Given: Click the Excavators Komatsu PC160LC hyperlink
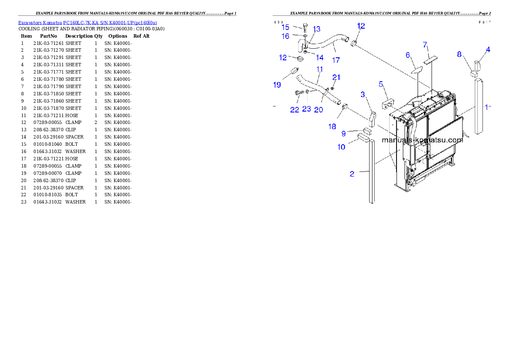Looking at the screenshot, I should (87, 23).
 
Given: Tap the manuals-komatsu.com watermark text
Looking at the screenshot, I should (422, 140).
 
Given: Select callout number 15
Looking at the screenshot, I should (285, 27).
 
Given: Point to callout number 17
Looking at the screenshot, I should (336, 60).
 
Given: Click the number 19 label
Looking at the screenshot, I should (277, 85).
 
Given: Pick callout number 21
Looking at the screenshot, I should (337, 77).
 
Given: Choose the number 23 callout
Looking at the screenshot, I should (306, 109).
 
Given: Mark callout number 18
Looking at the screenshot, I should (332, 126).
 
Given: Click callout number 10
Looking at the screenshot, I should (341, 147).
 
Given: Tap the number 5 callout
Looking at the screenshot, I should (381, 84).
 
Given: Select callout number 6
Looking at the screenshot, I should (408, 55).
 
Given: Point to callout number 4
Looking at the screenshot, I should (488, 49).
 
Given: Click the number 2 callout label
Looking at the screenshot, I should (352, 174).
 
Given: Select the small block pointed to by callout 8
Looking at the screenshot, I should (474, 74).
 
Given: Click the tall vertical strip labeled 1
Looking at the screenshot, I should (479, 107).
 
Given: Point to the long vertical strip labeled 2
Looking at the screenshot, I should (372, 171).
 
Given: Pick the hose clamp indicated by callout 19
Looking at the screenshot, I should (294, 71).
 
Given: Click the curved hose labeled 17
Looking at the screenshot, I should (329, 43).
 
